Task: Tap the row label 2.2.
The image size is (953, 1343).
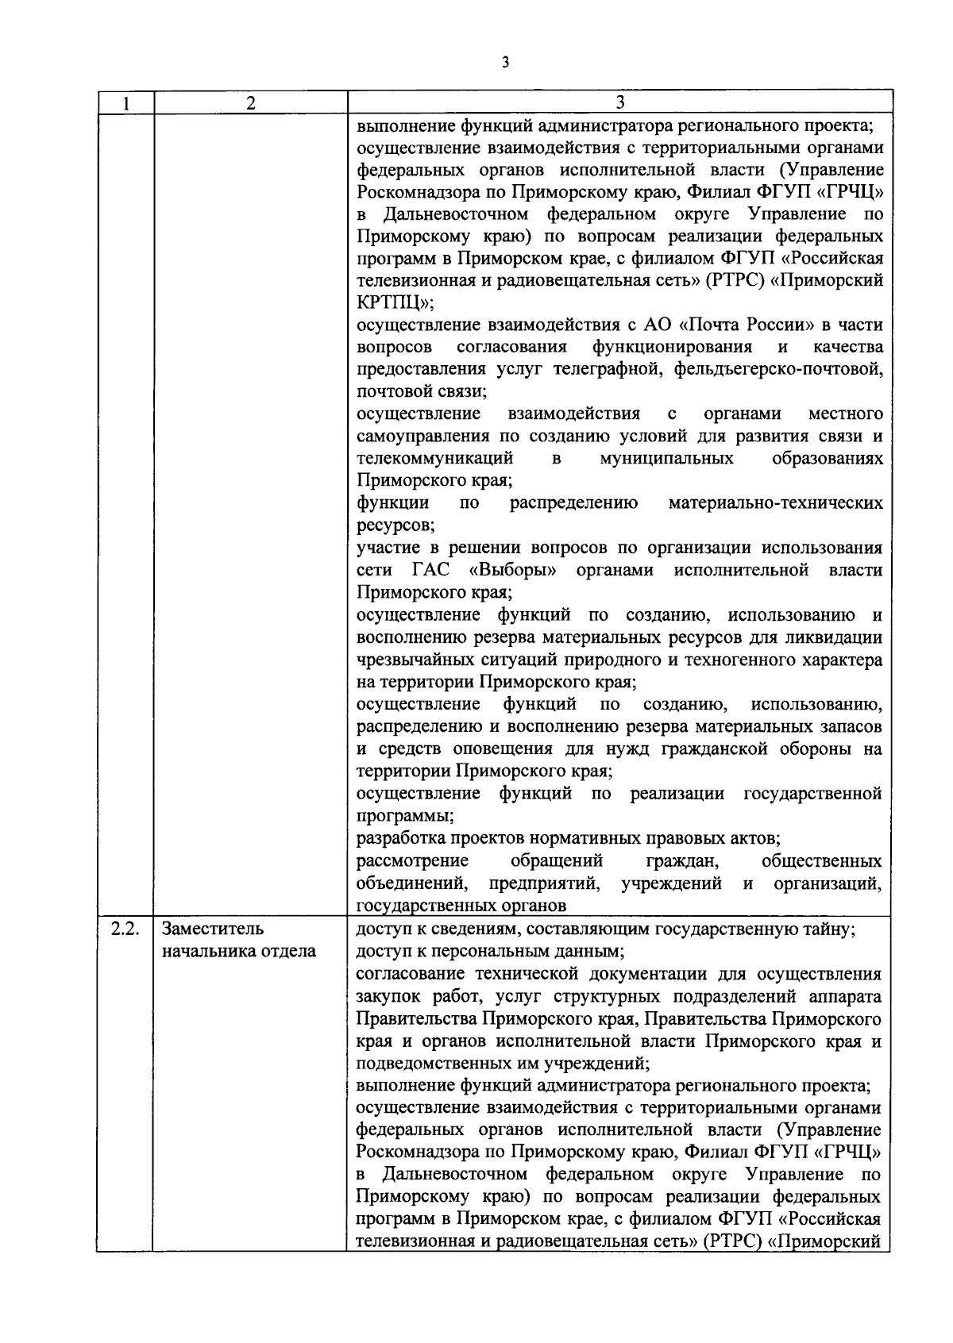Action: [124, 929]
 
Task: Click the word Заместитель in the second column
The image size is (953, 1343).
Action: [213, 929]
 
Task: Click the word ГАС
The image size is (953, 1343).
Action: [431, 570]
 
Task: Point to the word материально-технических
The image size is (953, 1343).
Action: [775, 503]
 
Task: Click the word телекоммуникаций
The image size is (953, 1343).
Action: [435, 459]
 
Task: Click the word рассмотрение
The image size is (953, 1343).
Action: [412, 861]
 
